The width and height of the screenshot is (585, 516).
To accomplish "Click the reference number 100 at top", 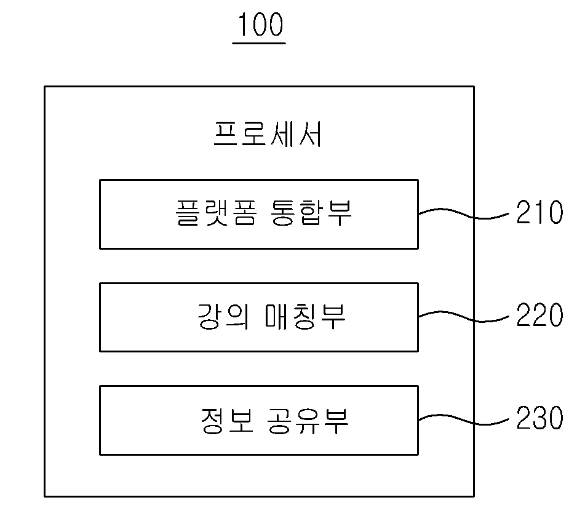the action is (260, 24).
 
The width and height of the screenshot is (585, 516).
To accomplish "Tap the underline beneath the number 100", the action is (259, 44).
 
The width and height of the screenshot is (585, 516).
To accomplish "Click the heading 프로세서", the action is (267, 134).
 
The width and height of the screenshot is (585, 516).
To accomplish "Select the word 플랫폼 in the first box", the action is (216, 213).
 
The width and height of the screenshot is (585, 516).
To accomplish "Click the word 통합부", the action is (311, 213).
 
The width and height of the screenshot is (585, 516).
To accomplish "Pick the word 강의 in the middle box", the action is (223, 316).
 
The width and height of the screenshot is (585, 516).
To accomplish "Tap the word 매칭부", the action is (305, 316).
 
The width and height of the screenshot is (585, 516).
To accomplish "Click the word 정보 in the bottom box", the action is (227, 421).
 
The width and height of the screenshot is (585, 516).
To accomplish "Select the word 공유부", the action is (308, 421).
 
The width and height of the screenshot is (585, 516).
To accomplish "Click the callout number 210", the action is (539, 212).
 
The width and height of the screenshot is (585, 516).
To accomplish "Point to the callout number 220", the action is (539, 316).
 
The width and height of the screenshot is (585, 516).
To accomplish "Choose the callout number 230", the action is (539, 418).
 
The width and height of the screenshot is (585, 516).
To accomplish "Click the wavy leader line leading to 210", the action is (464, 214).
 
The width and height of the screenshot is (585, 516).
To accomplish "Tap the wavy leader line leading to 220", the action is (464, 317).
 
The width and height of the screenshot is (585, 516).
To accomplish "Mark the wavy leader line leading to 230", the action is (464, 419).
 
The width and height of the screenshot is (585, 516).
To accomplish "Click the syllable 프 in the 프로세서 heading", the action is (226, 134).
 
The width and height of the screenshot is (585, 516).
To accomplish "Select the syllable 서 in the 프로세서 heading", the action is (309, 134).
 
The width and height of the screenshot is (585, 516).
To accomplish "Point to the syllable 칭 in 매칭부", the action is (305, 316).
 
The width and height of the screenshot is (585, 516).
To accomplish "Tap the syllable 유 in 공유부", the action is (307, 421).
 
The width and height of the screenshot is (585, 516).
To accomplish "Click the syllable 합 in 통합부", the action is (311, 213).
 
